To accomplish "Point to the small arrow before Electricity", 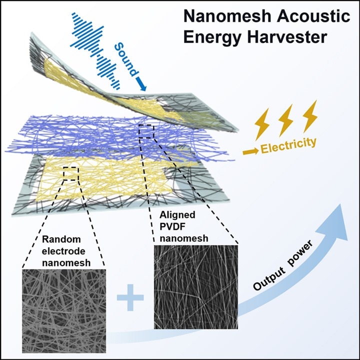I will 249,149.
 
